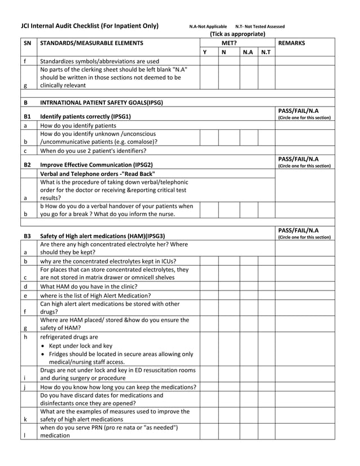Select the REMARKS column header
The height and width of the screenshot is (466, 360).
292,43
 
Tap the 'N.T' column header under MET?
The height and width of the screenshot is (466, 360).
266,52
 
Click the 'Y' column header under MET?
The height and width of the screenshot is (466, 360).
205,52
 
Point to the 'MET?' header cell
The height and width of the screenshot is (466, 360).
229,43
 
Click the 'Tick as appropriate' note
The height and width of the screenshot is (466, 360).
237,34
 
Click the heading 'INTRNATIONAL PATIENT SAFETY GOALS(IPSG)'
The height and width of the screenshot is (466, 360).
102,102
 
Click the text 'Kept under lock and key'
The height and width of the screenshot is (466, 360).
81,345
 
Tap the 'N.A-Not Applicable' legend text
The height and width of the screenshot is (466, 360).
208,27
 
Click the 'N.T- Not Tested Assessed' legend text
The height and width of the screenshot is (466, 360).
260,27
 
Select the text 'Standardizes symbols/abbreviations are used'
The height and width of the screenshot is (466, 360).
100,61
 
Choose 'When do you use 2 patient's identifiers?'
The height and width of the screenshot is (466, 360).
93,151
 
